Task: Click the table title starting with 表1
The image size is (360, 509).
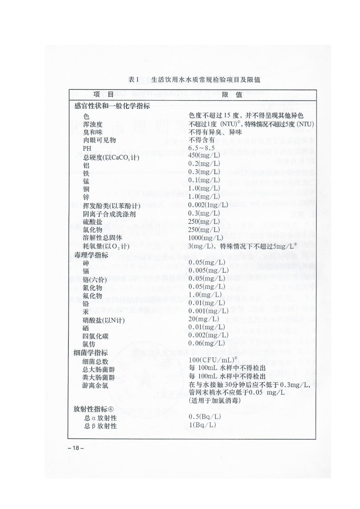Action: tap(194, 80)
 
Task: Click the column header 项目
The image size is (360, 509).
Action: tap(104, 94)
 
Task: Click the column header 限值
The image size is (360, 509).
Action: tap(232, 95)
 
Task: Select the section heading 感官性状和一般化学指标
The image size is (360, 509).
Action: tap(112, 106)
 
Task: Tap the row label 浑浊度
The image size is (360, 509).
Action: tap(93, 124)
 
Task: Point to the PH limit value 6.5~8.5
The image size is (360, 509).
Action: tap(201, 148)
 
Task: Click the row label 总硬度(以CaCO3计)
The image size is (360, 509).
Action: tap(111, 157)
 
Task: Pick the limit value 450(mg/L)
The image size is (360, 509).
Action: tap(204, 156)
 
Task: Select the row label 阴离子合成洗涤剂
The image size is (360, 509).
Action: tap(109, 214)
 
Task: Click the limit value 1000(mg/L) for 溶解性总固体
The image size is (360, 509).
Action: tap(206, 238)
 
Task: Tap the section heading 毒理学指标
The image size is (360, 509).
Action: tap(91, 255)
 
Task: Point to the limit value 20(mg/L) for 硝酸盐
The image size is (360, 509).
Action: tap(204, 319)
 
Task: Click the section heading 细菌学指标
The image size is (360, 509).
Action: tap(91, 352)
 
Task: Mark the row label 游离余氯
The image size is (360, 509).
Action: tap(95, 386)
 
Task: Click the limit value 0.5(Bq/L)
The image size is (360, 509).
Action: tap(205, 417)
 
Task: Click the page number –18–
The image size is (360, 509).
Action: tap(76, 448)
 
